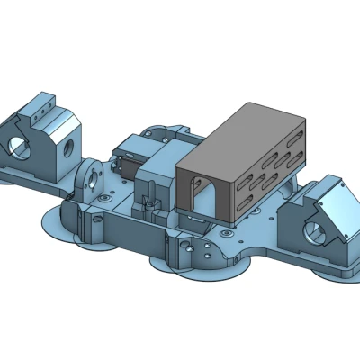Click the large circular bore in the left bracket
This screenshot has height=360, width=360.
click(x=19, y=145)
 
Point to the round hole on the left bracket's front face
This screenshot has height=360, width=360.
click(x=66, y=142)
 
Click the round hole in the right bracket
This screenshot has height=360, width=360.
click(x=316, y=231)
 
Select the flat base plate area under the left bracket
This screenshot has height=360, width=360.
click(x=36, y=175)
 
